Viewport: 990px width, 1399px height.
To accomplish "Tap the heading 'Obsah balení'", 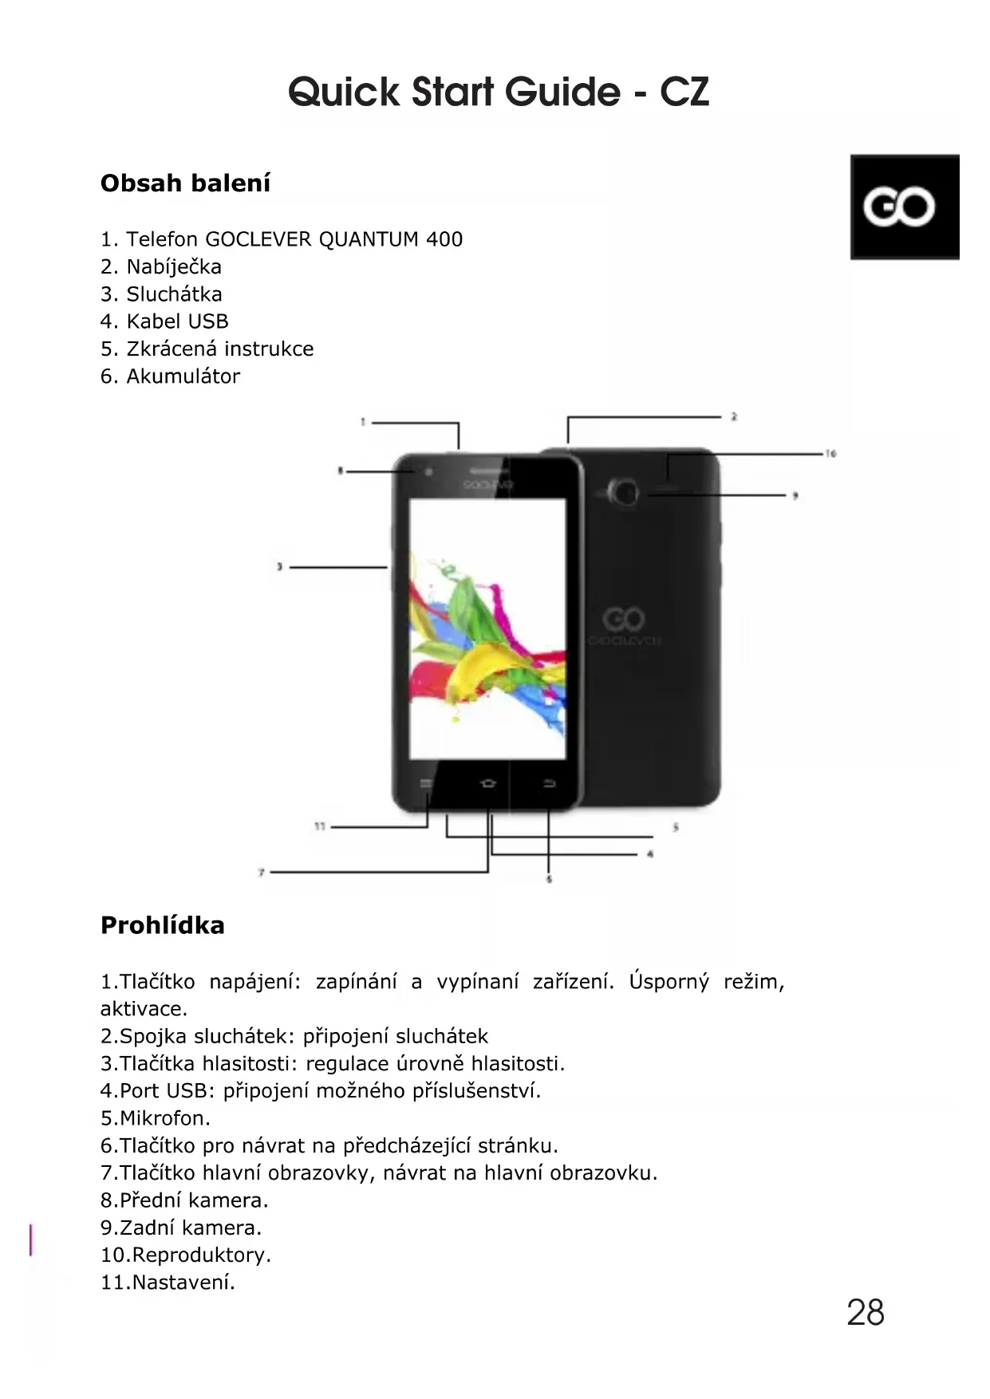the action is pyautogui.click(x=185, y=183).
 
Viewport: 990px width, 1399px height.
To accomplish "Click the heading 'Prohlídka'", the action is pyautogui.click(x=163, y=925).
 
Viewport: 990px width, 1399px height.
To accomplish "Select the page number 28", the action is pyautogui.click(x=866, y=1313).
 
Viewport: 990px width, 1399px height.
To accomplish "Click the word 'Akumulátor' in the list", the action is pyautogui.click(x=183, y=376).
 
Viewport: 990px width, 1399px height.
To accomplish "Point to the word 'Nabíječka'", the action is pyautogui.click(x=174, y=267).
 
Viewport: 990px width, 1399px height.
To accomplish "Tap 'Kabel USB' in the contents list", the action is pyautogui.click(x=177, y=321).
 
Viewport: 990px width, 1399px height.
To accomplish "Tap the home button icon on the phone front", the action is pyautogui.click(x=488, y=784).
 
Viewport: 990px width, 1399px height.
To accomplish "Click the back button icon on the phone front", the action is pyautogui.click(x=549, y=784).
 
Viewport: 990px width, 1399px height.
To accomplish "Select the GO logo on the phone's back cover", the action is pyautogui.click(x=624, y=619).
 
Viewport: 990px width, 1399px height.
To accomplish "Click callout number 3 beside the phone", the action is pyautogui.click(x=279, y=567).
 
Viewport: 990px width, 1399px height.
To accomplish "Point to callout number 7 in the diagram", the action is pyautogui.click(x=261, y=873).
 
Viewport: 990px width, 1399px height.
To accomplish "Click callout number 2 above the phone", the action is pyautogui.click(x=734, y=416).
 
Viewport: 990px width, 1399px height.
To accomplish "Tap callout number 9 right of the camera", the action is pyautogui.click(x=795, y=496).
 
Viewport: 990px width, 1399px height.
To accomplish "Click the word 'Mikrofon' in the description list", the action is pyautogui.click(x=164, y=1118).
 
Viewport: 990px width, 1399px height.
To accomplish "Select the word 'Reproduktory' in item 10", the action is pyautogui.click(x=200, y=1255).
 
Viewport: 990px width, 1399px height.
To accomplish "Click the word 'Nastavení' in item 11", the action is pyautogui.click(x=183, y=1283).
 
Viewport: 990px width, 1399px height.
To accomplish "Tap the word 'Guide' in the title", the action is pyautogui.click(x=562, y=92).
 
